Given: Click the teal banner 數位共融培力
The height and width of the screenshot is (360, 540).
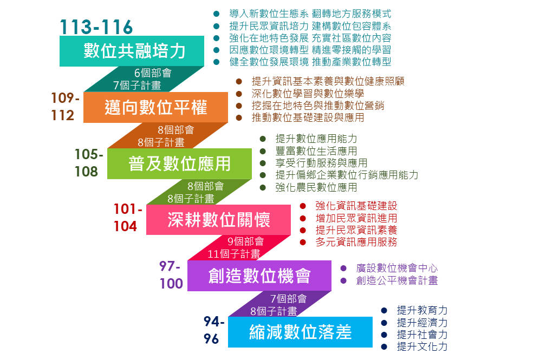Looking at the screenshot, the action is (132, 51).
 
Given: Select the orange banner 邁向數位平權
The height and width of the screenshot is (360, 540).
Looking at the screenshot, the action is (155, 107).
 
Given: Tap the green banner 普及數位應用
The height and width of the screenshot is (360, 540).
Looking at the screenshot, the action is (179, 163).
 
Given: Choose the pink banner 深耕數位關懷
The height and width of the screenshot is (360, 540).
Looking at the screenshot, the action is (218, 220).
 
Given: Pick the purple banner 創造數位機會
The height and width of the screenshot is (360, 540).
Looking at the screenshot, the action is (259, 276).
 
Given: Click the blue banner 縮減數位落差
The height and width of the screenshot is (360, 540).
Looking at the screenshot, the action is (300, 332).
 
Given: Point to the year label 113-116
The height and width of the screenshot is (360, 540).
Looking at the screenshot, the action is (96, 27).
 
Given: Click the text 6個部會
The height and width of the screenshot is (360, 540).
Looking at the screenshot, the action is (153, 73).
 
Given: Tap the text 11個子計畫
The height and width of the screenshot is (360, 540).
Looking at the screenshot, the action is (233, 254).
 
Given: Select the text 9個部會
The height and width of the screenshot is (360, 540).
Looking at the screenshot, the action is (245, 241).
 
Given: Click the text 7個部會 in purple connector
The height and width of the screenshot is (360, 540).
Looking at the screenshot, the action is (288, 298).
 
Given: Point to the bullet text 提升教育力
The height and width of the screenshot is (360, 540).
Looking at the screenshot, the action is (422, 310).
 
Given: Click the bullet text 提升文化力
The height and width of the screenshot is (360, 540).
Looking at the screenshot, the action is (422, 346).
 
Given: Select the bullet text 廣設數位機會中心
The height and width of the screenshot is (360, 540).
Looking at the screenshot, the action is (396, 268).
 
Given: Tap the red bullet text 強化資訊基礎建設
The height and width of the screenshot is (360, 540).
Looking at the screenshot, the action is (356, 206).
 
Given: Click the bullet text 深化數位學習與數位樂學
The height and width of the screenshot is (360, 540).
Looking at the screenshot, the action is (308, 93).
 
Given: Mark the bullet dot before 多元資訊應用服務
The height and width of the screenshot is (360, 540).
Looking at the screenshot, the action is (303, 243).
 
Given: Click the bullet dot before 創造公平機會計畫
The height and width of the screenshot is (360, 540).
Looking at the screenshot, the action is (343, 280).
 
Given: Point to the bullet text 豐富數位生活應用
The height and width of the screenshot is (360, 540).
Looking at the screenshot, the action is (316, 150).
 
